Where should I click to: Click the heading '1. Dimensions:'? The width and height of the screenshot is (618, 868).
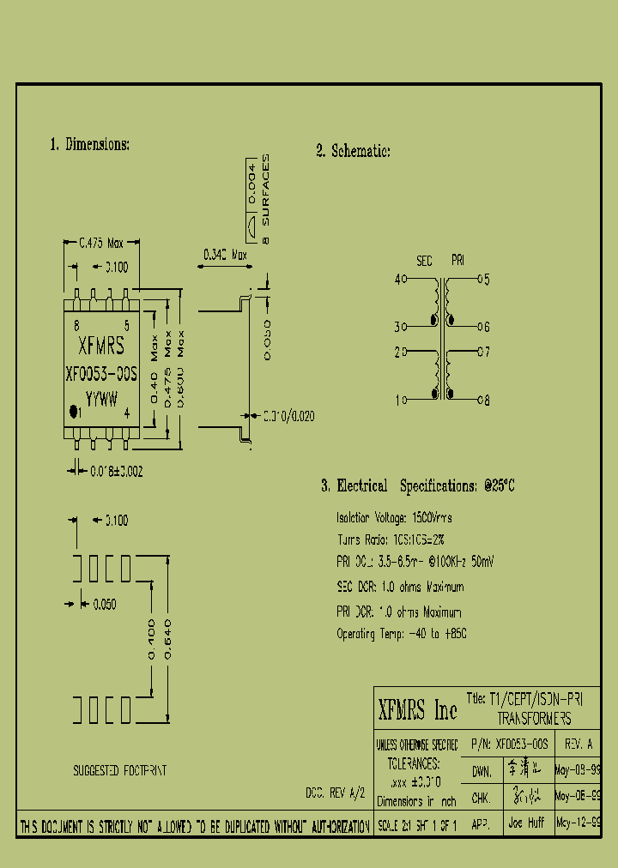click(x=89, y=145)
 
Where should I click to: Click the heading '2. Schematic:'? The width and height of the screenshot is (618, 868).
click(x=353, y=152)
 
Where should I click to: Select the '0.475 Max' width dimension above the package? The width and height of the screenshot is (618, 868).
click(x=101, y=243)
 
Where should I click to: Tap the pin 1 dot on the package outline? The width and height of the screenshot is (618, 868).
click(x=74, y=413)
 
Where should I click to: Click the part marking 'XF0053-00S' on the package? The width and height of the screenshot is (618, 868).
click(x=101, y=374)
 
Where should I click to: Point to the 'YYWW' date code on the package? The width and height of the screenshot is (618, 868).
click(x=101, y=397)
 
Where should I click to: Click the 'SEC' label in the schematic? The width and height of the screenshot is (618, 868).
click(x=425, y=260)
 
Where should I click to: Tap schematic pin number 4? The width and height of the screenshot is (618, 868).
click(x=398, y=279)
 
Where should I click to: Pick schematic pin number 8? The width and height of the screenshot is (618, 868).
click(x=485, y=400)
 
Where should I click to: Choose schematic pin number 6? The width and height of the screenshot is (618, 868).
click(x=485, y=327)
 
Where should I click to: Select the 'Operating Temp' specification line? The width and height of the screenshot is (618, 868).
click(x=402, y=634)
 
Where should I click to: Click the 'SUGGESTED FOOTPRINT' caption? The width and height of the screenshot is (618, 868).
click(x=119, y=771)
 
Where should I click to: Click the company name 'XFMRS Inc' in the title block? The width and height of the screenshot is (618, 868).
click(x=418, y=710)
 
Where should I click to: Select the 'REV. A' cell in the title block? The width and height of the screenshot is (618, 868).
click(x=579, y=744)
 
